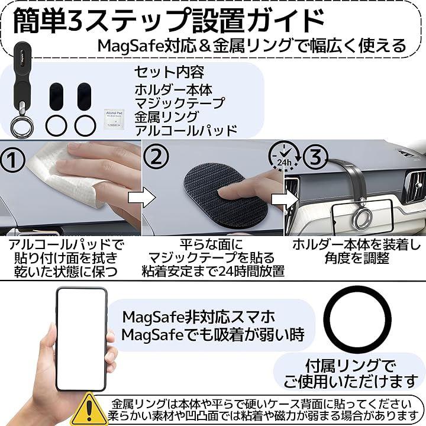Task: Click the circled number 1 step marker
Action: (12, 160)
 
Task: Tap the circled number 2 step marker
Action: (156, 157)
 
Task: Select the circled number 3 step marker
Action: (315, 157)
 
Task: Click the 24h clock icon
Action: (284, 156)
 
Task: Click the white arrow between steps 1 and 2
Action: (141, 198)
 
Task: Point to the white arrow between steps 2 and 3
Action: (285, 200)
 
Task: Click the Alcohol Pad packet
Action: (114, 119)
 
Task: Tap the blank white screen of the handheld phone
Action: (81, 339)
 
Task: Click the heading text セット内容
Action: (169, 72)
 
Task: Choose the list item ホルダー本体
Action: (173, 90)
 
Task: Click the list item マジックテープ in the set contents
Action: (180, 103)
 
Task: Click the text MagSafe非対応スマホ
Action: (199, 317)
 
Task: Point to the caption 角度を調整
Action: (357, 258)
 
